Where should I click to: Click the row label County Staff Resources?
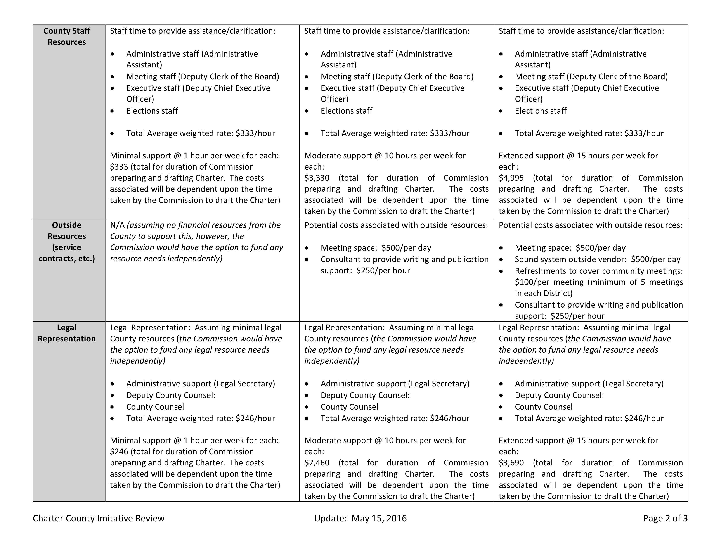tap(66, 36)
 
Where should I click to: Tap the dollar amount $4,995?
tap(511, 178)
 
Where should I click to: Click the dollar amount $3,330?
tap(317, 178)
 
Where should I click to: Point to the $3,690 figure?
tap(511, 463)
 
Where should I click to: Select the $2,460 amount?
tap(317, 463)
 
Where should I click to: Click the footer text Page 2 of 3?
tap(665, 518)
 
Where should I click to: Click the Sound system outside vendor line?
tap(597, 259)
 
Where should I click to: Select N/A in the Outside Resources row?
tap(117, 225)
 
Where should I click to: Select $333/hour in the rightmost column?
tap(643, 133)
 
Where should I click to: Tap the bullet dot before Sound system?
tap(501, 260)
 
